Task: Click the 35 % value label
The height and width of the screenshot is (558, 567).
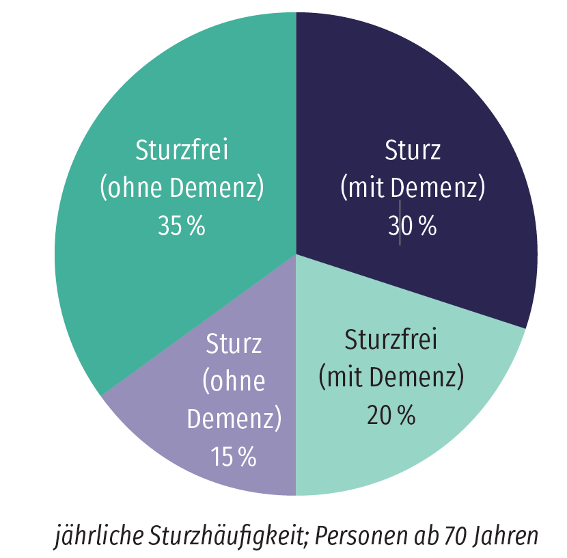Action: (x=181, y=226)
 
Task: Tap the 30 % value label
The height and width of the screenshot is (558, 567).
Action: (x=412, y=226)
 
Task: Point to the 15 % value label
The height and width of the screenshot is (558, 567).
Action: (x=234, y=456)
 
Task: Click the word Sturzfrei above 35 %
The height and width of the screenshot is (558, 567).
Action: (x=182, y=150)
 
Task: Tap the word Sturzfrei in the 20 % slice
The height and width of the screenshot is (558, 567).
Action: (x=391, y=339)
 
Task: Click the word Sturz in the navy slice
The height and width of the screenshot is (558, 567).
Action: (x=413, y=150)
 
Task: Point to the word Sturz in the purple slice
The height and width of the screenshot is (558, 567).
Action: (x=234, y=343)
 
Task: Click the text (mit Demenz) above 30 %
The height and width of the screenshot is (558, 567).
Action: (x=412, y=188)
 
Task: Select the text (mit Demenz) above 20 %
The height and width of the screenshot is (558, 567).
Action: (x=391, y=377)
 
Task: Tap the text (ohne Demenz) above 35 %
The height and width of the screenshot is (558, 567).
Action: (x=182, y=188)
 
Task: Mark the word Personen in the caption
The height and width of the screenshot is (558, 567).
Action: (x=359, y=536)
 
